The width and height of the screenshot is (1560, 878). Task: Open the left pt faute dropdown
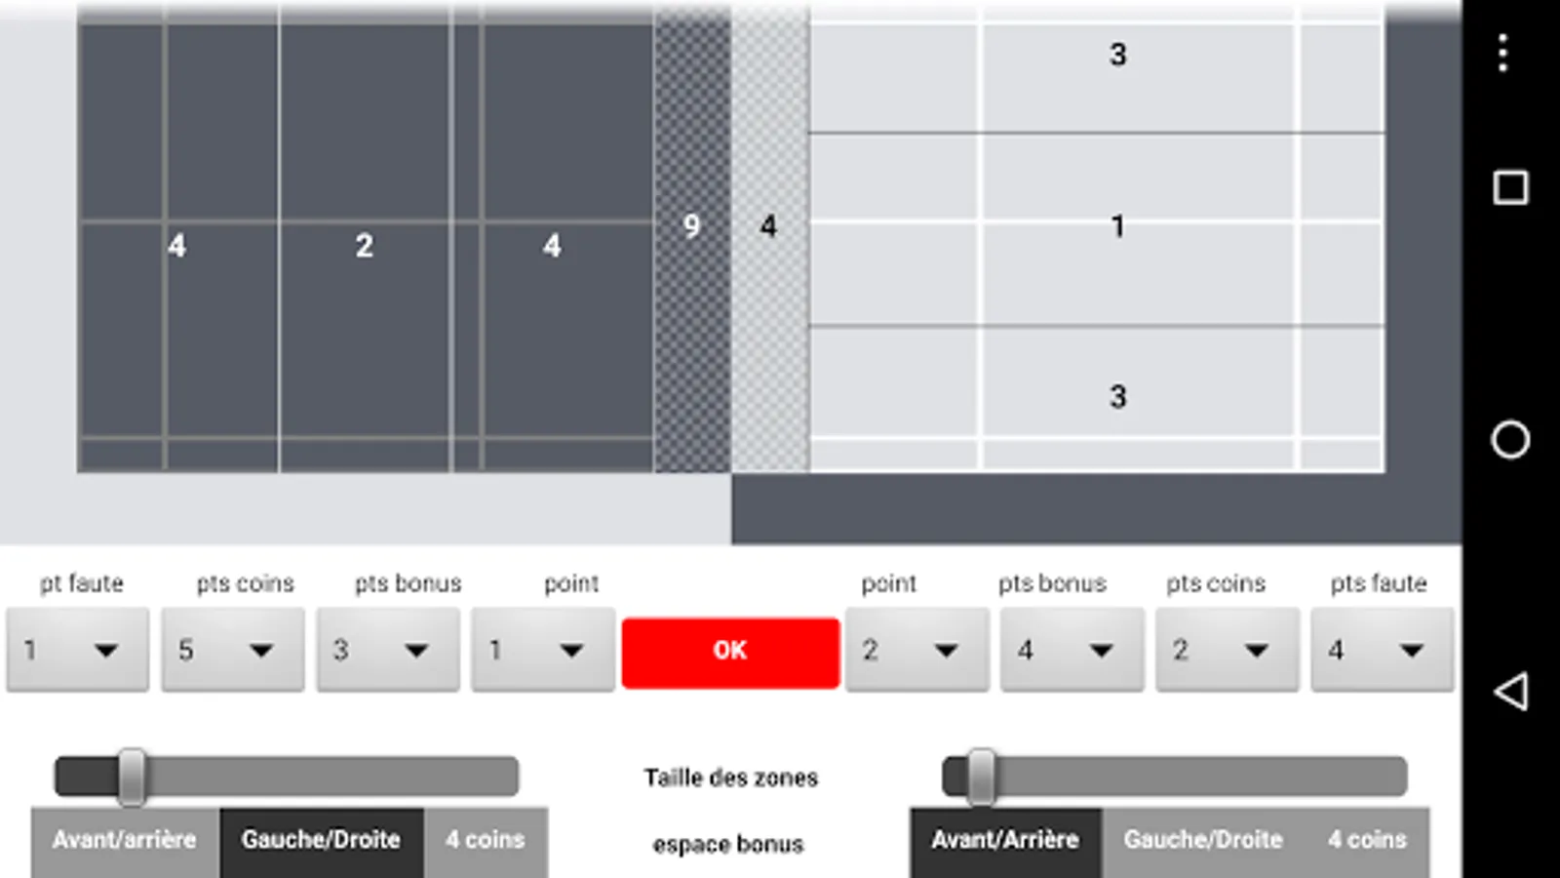point(77,650)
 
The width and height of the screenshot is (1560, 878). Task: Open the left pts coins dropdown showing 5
point(233,650)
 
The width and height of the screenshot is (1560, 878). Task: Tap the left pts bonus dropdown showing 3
point(388,650)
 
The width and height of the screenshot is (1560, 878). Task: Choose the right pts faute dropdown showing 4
point(1383,650)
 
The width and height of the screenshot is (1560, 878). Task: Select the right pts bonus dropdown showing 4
point(1072,650)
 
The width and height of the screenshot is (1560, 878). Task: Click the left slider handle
point(132,777)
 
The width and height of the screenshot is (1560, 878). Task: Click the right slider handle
point(981,777)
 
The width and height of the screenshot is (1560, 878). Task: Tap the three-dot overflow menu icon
point(1503,53)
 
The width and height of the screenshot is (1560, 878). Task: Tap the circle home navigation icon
point(1510,440)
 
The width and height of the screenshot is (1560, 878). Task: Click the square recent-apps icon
point(1510,188)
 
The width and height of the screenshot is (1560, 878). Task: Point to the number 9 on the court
point(691,225)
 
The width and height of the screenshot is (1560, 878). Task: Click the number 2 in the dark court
point(365,245)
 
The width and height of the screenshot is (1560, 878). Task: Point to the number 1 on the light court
point(1117,226)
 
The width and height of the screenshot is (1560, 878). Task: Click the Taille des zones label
point(730,778)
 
